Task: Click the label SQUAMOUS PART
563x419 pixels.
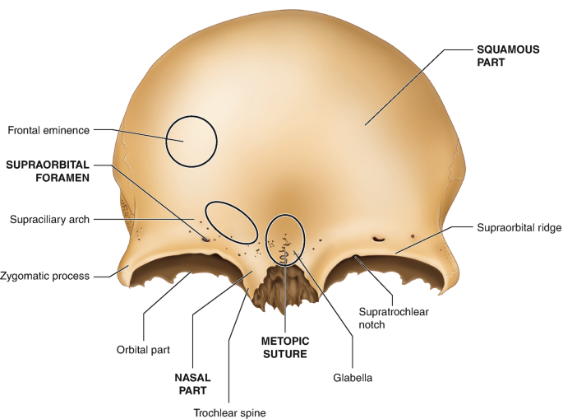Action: (508, 56)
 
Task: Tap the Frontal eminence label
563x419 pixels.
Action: (48, 129)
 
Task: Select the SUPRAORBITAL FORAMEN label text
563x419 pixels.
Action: (47, 170)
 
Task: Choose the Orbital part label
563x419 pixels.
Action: (143, 349)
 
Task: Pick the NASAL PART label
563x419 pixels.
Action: (192, 384)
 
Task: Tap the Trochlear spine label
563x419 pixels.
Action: (228, 413)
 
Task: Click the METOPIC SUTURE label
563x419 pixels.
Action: (284, 347)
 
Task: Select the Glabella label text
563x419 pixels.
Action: (353, 378)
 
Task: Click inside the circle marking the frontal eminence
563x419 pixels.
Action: (192, 141)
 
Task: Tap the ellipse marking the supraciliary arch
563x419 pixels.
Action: (231, 221)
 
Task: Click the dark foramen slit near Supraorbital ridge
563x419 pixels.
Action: (378, 240)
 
